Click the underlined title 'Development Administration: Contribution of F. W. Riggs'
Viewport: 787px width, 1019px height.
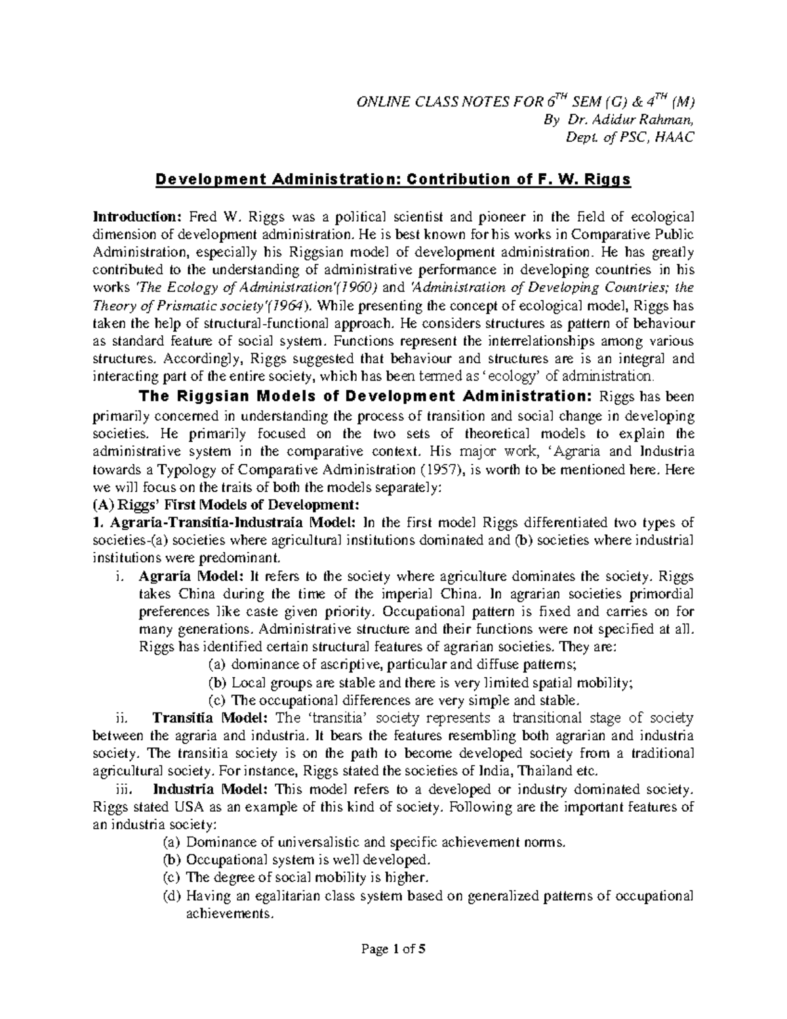pyautogui.click(x=392, y=180)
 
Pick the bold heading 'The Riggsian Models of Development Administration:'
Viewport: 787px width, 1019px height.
pyautogui.click(x=363, y=397)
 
